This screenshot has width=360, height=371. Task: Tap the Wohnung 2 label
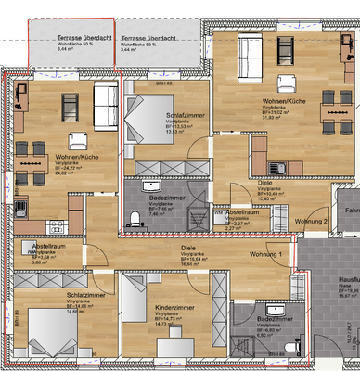[x=312, y=222]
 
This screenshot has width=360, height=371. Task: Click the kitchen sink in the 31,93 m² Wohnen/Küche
[x=276, y=167]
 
